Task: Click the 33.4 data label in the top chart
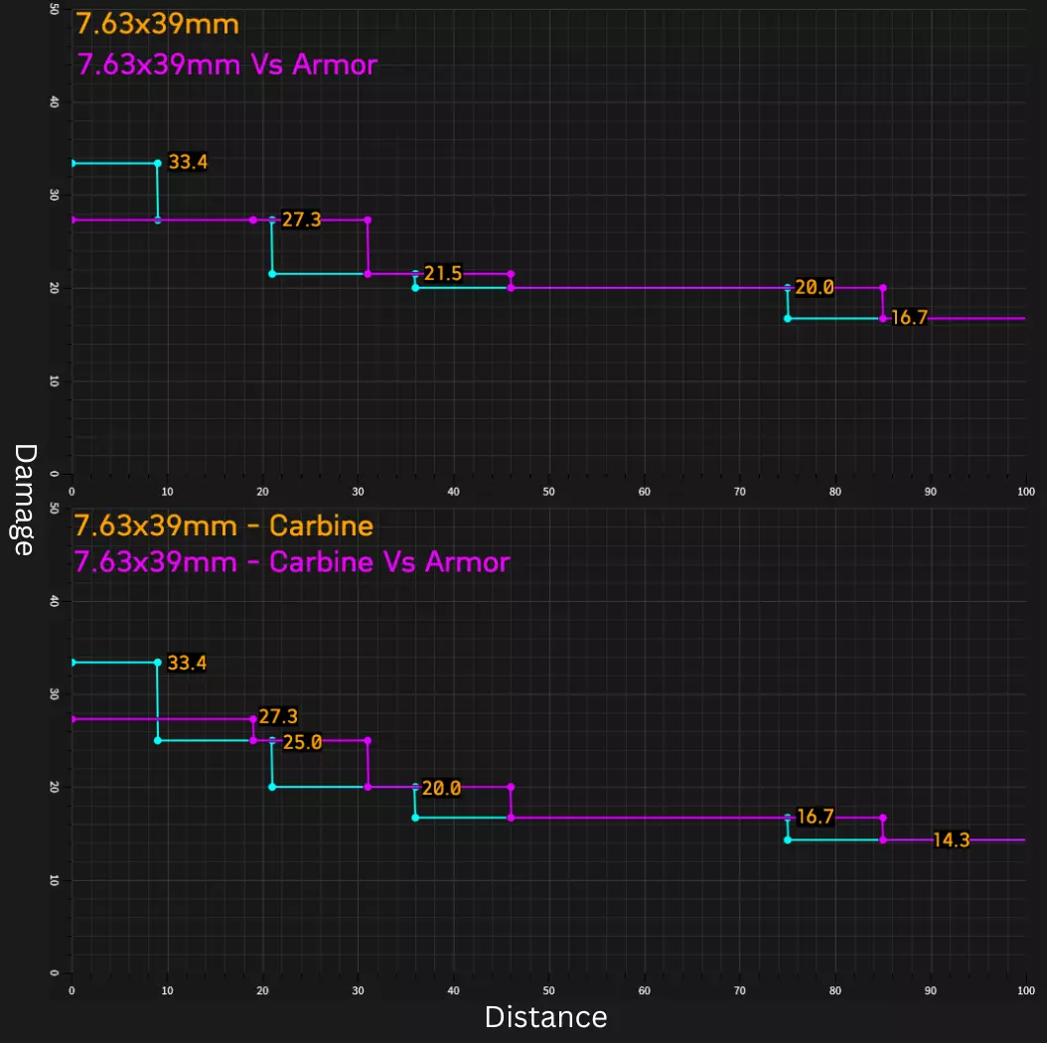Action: coord(188,162)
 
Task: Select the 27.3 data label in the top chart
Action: coord(301,220)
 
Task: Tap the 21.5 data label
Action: coord(442,273)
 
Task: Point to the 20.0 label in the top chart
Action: coord(814,288)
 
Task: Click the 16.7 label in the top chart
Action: coord(909,319)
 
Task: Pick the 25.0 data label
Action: coord(302,742)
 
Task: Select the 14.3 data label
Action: coord(951,840)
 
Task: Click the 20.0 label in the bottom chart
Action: coord(441,789)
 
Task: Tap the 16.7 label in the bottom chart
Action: coord(815,817)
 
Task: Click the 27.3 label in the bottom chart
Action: coord(278,716)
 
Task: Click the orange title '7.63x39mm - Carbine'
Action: coord(224,526)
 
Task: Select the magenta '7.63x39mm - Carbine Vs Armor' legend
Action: coord(292,562)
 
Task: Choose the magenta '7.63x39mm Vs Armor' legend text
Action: coord(226,65)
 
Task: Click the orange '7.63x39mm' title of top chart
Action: coord(157,23)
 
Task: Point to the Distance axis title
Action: coord(545,1017)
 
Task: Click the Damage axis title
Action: coord(25,500)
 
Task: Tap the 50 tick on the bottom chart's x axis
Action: coord(548,991)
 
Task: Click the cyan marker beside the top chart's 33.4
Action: coord(158,163)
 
